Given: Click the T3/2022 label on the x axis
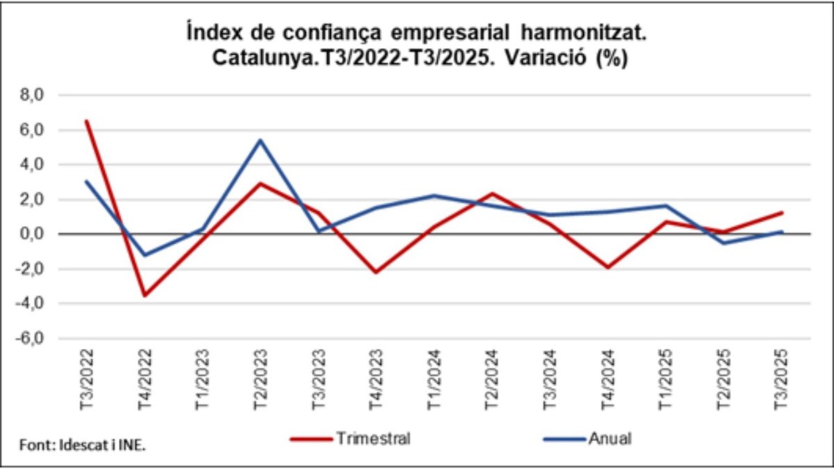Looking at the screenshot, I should (x=87, y=375).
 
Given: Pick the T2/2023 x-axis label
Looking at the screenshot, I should (x=260, y=375).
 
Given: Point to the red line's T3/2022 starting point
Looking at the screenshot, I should (x=87, y=121).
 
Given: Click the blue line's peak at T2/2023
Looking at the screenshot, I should (x=260, y=140).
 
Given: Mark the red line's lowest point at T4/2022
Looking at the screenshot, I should (x=145, y=295).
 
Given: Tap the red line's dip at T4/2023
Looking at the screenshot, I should (x=375, y=272).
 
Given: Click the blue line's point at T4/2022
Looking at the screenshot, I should (x=145, y=255).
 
